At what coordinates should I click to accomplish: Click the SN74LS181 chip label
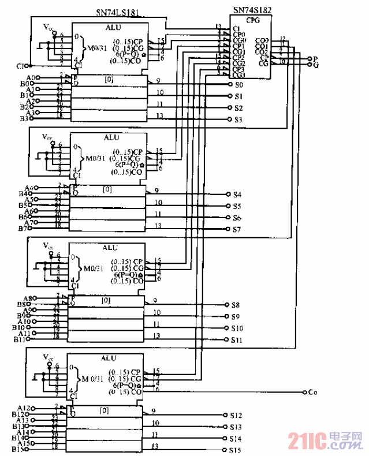tap(118, 12)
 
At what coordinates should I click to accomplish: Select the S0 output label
tap(238, 85)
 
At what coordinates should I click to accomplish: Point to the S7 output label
tap(237, 230)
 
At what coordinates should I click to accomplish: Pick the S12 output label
tap(236, 415)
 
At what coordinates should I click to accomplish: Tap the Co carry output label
tap(312, 393)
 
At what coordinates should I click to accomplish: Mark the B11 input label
tap(20, 339)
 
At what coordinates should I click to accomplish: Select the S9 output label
tap(236, 317)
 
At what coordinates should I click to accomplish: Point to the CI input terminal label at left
tap(21, 66)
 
